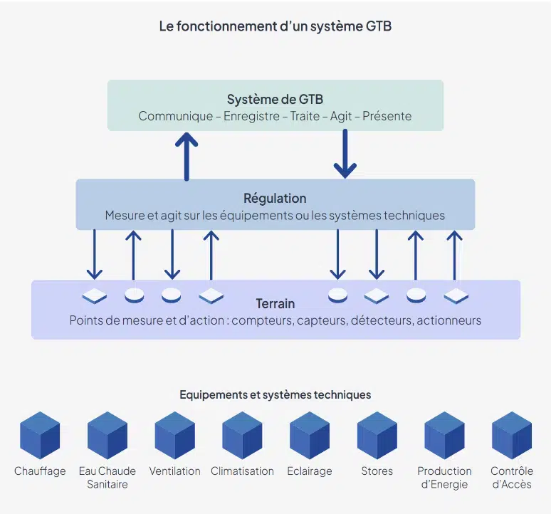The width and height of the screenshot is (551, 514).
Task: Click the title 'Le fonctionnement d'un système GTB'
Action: pyautogui.click(x=275, y=26)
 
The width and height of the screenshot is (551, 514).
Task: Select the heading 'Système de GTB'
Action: pyautogui.click(x=275, y=99)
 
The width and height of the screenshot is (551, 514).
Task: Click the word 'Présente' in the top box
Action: pyautogui.click(x=387, y=116)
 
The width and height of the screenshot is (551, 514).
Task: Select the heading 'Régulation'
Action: pyautogui.click(x=275, y=198)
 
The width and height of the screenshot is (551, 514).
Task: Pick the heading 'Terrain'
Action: pyautogui.click(x=275, y=303)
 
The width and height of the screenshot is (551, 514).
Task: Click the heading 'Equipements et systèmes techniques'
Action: pyautogui.click(x=275, y=394)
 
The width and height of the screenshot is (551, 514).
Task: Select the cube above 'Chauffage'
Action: pyautogui.click(x=40, y=435)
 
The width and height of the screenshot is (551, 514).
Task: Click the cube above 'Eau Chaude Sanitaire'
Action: pyautogui.click(x=107, y=435)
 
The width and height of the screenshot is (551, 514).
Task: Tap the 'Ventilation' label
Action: pyautogui.click(x=174, y=471)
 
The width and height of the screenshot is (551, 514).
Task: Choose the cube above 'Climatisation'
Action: pyautogui.click(x=242, y=435)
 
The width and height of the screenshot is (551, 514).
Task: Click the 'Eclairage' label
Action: pyautogui.click(x=309, y=471)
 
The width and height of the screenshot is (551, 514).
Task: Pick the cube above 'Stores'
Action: pyautogui.click(x=377, y=435)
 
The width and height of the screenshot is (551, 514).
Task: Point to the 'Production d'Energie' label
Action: pyautogui.click(x=444, y=478)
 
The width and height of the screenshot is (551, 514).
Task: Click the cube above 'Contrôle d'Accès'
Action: pyautogui.click(x=511, y=435)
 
